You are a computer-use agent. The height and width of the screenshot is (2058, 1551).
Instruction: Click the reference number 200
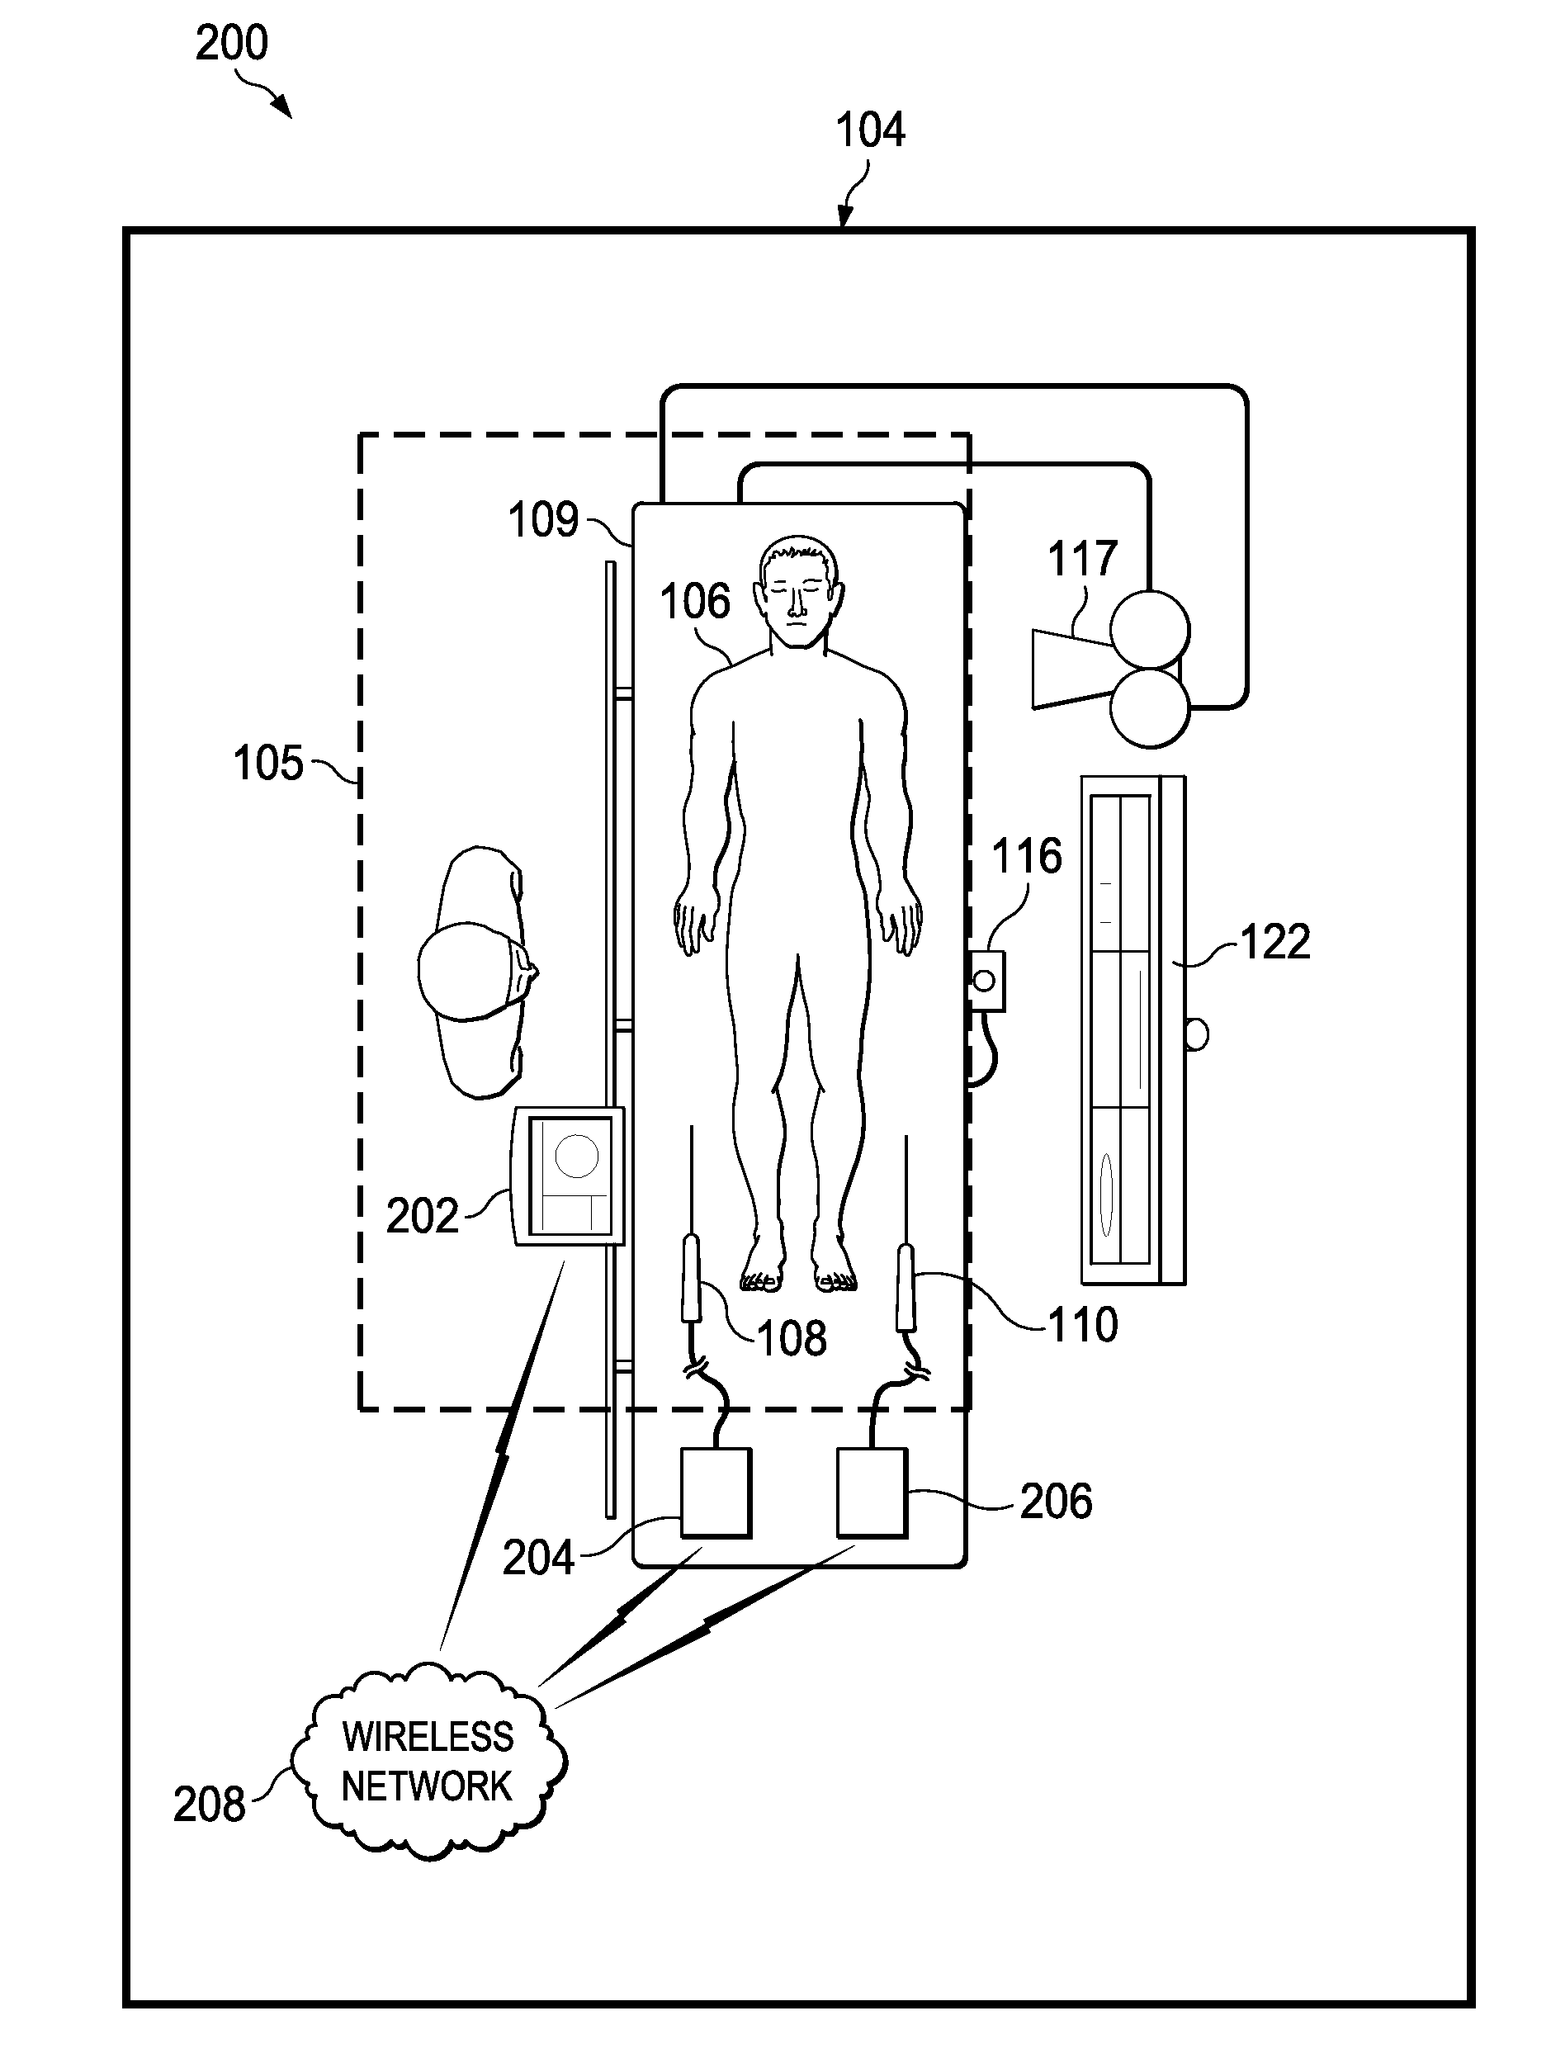point(232,44)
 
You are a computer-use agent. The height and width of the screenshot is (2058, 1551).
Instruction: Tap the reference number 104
point(870,130)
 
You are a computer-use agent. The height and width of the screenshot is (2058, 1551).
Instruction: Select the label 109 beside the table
point(543,520)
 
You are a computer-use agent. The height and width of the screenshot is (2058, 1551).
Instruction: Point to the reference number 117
point(1082,559)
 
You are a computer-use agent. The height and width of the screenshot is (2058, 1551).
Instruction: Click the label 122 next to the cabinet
point(1274,942)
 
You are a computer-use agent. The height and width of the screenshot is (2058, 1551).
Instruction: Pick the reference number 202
point(423,1216)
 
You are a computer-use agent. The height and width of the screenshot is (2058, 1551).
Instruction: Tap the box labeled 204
point(716,1492)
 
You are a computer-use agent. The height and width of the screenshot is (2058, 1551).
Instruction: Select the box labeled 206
point(872,1492)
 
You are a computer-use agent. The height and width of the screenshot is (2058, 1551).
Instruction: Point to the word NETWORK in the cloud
point(427,1786)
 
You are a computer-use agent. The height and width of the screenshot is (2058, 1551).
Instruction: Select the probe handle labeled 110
point(906,1287)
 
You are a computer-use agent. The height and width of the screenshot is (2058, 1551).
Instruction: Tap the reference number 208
point(210,1805)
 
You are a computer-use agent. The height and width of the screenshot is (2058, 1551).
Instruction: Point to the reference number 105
point(268,763)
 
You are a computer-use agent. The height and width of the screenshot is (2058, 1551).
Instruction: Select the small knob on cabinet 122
point(1197,1034)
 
